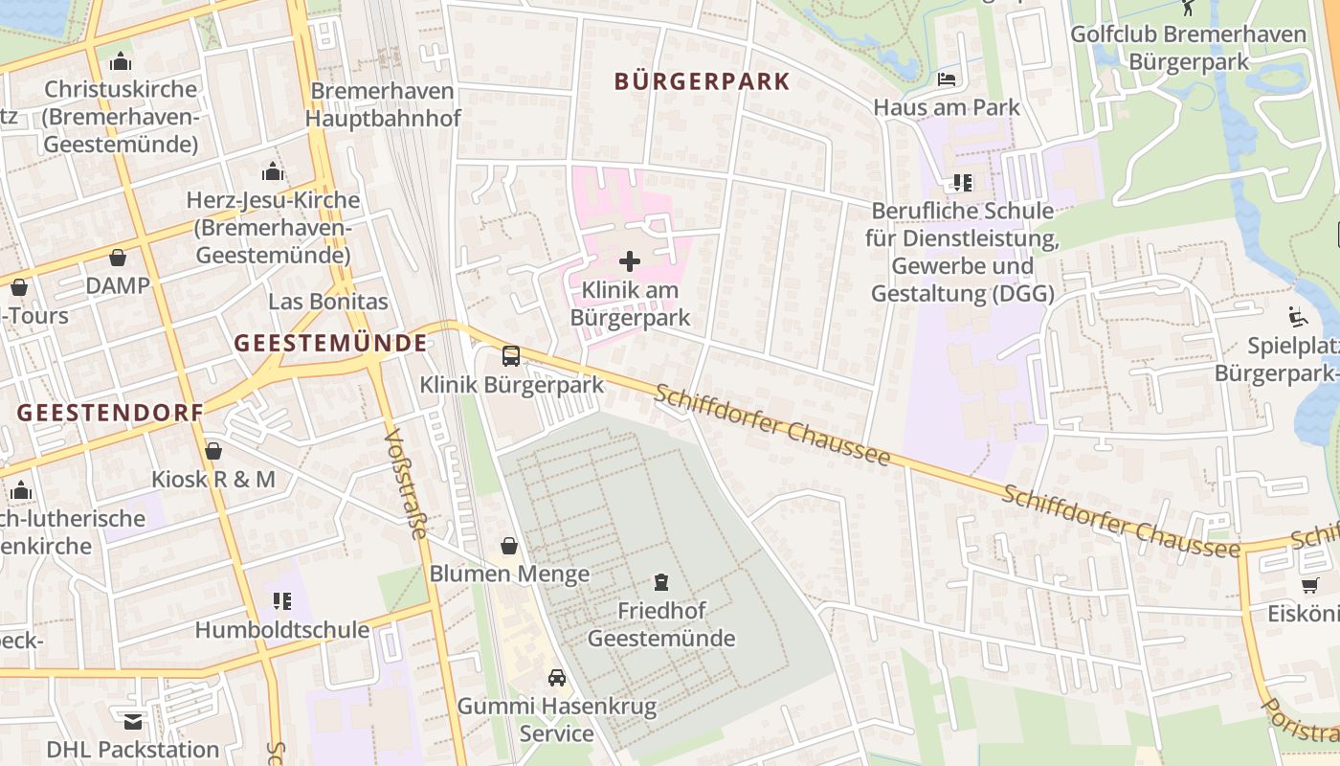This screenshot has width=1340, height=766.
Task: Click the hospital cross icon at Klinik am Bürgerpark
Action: coord(630,260)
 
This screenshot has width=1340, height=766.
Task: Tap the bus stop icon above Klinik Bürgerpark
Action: coord(511,356)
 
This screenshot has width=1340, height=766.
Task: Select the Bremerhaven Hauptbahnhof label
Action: coord(383,105)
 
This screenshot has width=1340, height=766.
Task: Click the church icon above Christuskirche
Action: coord(121,61)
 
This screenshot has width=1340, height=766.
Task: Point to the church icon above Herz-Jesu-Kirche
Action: coord(273,172)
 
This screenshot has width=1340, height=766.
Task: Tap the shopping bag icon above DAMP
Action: coord(118,258)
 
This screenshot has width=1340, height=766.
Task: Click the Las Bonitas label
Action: coord(328,302)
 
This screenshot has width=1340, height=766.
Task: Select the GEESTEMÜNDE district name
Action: coord(330,343)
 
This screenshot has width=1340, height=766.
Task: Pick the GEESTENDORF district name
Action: coord(110,413)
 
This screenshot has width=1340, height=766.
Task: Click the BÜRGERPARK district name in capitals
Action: coord(703,81)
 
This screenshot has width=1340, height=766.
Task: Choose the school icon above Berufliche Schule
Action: coord(962,182)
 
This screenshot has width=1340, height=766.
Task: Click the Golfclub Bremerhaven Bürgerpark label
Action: coord(1188,48)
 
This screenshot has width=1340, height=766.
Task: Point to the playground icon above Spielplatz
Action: coord(1297,316)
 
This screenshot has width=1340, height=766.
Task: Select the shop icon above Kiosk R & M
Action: coord(213,450)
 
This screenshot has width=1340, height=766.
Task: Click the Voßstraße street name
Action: coord(406,484)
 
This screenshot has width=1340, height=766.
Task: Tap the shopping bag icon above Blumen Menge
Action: coord(509,546)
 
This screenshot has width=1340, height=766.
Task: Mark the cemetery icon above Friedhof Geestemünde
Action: coord(660,581)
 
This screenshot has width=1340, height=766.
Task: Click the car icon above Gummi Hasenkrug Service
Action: coord(556,678)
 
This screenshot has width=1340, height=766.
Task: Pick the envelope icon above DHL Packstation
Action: coord(133,721)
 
